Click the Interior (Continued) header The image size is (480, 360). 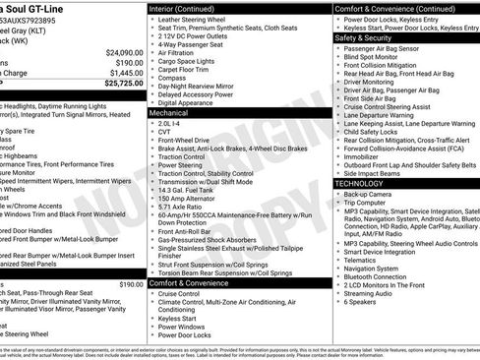[189, 7]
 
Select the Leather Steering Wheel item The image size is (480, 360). [196, 18]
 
